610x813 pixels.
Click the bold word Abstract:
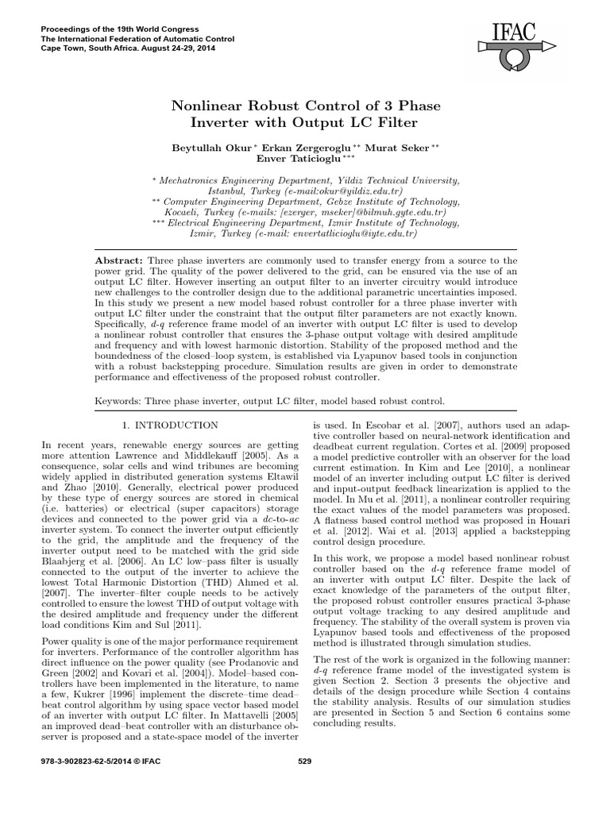point(118,260)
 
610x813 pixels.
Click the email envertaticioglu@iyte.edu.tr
point(351,235)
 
